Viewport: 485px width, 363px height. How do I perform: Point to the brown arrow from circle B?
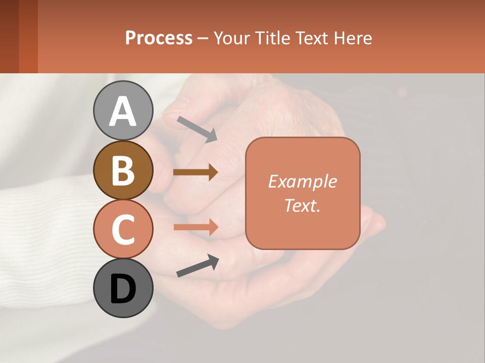196,172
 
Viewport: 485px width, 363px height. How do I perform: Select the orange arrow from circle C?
196,227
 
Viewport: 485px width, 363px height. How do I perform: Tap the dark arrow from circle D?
198,266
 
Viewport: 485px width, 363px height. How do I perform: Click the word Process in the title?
159,38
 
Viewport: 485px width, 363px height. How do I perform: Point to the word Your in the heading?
232,38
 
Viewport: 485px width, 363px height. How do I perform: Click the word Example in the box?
302,181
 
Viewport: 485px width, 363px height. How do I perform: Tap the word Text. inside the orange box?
302,205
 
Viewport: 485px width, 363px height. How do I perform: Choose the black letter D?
123,289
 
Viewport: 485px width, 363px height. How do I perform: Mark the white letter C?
123,229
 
